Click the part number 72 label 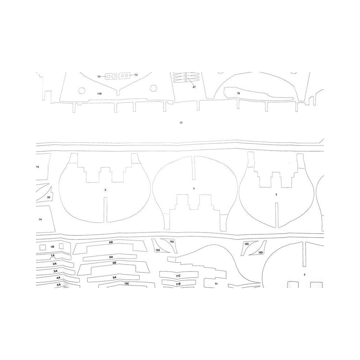point(99,77)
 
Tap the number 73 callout point(136,75)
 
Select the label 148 point(99,94)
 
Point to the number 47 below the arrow point(194,87)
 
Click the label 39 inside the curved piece point(239,93)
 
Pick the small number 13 point(181,123)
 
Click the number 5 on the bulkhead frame point(105,190)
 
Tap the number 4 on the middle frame point(194,189)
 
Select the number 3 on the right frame point(276,195)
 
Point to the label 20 point(49,197)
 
